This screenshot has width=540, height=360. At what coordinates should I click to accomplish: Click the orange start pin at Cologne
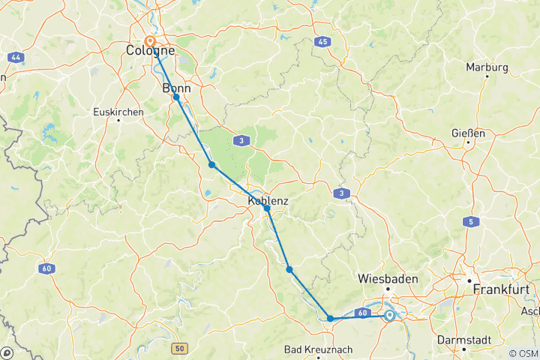[150, 40]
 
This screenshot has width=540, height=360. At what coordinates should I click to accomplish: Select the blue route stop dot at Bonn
[176, 97]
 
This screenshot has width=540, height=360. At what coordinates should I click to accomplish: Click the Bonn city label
[178, 88]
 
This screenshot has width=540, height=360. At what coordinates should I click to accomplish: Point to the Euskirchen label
[118, 112]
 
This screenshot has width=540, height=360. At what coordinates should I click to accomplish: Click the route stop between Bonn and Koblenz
[211, 165]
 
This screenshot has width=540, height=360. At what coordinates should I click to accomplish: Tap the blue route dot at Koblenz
[266, 209]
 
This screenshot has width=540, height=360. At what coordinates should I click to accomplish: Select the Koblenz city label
[268, 200]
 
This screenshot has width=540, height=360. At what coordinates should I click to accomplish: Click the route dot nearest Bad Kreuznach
[330, 319]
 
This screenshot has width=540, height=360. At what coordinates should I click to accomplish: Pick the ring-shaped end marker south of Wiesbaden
[390, 316]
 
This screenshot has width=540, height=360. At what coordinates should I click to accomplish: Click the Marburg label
[487, 67]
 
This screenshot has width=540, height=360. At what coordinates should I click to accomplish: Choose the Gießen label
[469, 133]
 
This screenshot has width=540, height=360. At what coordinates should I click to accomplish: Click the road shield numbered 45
[322, 43]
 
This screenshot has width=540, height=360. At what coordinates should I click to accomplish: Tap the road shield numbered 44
[15, 57]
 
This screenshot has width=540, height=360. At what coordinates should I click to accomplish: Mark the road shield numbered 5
[471, 221]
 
